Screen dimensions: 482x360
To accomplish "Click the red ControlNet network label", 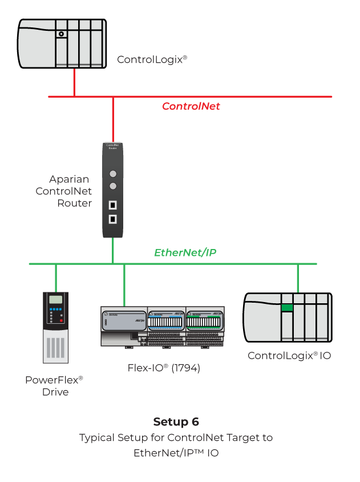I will coord(191,106).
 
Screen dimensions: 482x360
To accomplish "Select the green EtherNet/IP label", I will coord(185,252).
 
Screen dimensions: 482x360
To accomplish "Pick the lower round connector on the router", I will coord(113,186).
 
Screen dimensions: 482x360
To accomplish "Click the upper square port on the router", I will coord(113,205).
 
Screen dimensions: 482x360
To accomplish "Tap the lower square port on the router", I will coord(113,219).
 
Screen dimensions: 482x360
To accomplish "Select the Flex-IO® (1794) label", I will coord(164,368).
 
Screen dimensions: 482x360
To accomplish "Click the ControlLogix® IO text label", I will coord(289,356).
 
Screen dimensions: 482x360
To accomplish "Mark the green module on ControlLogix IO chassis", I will coord(286,308).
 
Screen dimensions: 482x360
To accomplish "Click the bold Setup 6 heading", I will coord(176,422).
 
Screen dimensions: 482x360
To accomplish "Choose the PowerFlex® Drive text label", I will coord(55,386).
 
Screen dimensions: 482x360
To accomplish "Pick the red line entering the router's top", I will coord(113,119).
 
